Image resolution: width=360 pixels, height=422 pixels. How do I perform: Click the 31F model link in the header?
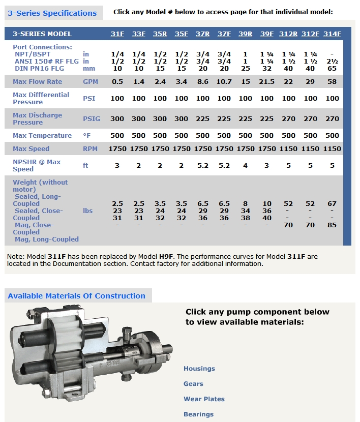point(117,34)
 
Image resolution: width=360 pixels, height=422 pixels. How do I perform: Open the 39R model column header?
point(246,34)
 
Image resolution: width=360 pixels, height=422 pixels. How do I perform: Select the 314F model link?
point(332,34)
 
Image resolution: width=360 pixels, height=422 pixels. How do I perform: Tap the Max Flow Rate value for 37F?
point(224,82)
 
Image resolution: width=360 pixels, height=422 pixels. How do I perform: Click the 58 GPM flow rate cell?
point(332,82)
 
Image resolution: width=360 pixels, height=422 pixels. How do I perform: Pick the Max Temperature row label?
point(42,136)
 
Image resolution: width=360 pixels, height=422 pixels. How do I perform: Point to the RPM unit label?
point(91,149)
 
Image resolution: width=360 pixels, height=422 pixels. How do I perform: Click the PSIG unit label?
point(92,119)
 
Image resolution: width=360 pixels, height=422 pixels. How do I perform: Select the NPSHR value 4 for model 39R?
point(246,165)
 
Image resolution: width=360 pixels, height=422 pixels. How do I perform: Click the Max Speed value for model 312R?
point(289,149)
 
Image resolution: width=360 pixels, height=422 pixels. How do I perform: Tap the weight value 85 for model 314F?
point(332,225)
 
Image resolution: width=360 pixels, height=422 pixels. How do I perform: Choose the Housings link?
point(199,369)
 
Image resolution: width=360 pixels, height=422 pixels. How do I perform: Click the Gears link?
point(193,384)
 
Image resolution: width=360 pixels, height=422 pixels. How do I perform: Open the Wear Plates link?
point(204,399)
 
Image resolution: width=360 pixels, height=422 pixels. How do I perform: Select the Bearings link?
point(198,414)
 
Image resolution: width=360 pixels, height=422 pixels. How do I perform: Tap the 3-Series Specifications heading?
point(52,13)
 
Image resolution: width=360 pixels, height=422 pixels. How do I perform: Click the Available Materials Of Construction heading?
point(77,296)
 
